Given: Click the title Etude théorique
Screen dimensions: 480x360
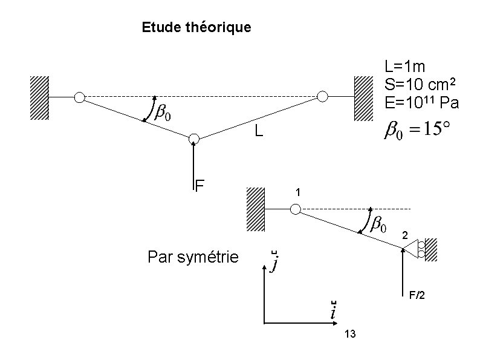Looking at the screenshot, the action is point(196,28).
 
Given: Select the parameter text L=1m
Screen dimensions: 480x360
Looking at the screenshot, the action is point(404,67).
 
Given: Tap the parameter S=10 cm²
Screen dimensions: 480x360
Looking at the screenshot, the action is point(420,84).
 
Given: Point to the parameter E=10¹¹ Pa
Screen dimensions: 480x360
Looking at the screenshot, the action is point(422,102).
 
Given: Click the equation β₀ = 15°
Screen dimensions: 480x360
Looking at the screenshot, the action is point(417,129).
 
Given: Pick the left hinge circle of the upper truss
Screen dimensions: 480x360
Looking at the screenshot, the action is point(79,97).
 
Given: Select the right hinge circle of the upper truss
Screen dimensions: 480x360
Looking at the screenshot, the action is point(322,96).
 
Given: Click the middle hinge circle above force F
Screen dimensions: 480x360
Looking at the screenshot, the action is point(194,139).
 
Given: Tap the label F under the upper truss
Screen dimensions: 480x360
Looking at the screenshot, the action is point(199,186).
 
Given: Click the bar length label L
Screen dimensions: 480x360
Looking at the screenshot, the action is point(259,131).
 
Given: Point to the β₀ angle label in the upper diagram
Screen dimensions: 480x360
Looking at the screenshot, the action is point(163,113).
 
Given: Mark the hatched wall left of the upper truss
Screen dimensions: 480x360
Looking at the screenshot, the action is point(39,98).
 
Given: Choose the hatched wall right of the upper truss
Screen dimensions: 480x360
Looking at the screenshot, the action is point(364,99).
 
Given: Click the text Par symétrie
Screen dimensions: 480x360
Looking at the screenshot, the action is point(193,257).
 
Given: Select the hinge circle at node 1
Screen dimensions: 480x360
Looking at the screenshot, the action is point(296,209).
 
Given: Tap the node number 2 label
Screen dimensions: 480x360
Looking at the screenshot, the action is point(405,235).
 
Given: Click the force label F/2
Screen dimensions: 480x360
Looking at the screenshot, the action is point(417,295).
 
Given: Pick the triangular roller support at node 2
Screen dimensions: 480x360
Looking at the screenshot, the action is point(410,248).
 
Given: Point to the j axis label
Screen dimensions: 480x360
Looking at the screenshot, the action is point(274,261).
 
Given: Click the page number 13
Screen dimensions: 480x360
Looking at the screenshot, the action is point(350,334).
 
